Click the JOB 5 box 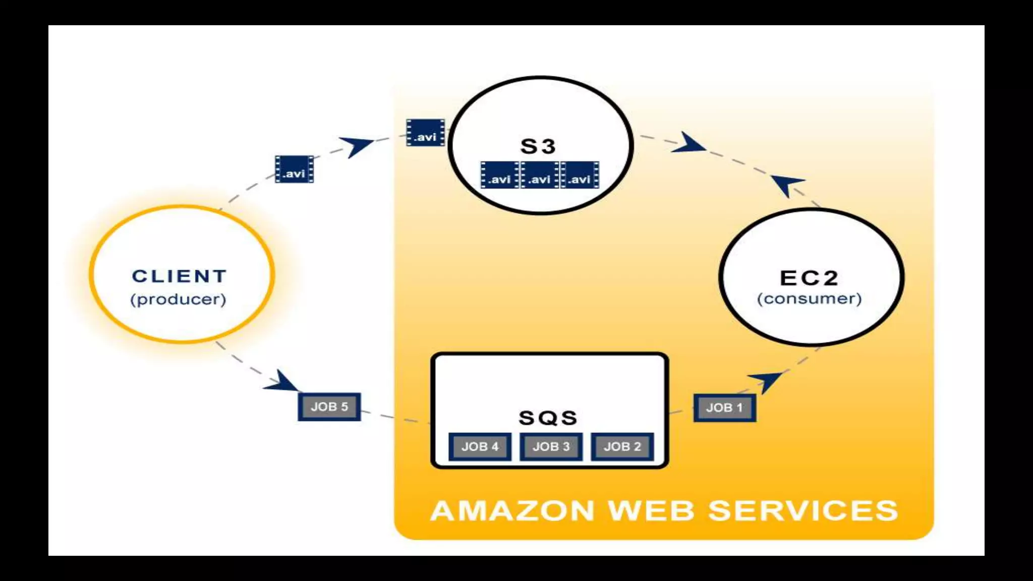329,406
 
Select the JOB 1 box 724,408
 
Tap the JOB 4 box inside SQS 480,446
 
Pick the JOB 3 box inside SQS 551,446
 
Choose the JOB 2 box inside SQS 622,446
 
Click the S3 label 538,147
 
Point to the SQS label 548,418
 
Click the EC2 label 809,278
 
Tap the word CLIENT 180,276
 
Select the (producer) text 178,300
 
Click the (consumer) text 809,299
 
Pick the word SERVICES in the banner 804,510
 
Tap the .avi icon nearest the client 294,169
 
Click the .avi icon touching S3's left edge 425,133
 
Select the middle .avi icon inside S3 540,175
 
